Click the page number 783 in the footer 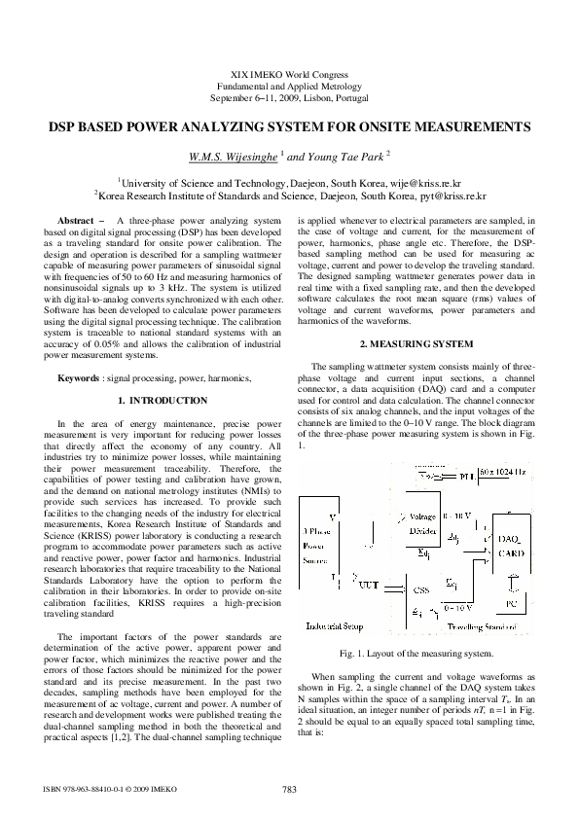pos(289,789)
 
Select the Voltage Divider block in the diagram pos(422,524)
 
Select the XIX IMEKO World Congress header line pos(289,75)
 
